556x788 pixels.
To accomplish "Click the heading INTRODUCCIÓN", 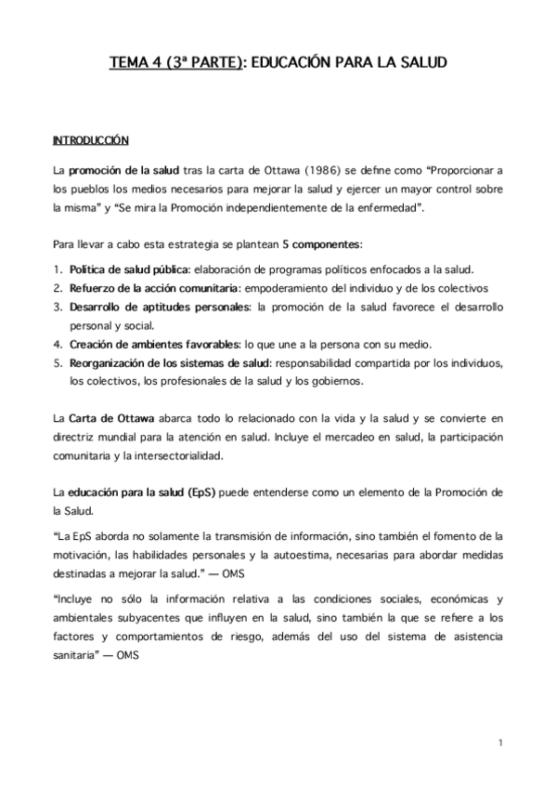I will tap(90, 141).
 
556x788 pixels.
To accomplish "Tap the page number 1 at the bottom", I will tap(499, 742).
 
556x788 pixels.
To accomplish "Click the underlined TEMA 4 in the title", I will tap(136, 63).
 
